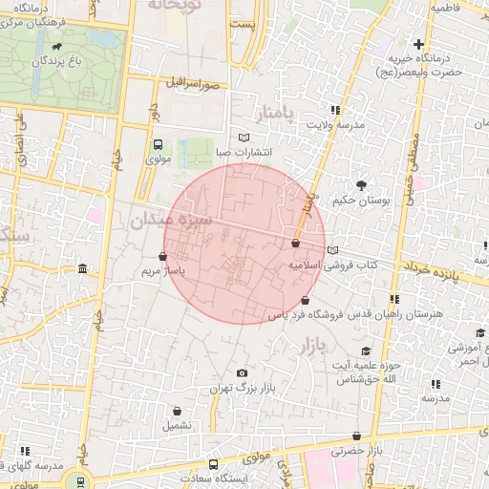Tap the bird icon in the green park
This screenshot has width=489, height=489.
tap(60, 46)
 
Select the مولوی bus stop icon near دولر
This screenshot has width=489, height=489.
tap(158, 144)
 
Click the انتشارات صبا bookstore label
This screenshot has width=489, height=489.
tap(241, 152)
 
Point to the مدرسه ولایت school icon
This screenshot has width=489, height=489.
tap(334, 111)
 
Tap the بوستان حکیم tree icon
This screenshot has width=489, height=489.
tap(361, 185)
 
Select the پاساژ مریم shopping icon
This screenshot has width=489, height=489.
tap(162, 256)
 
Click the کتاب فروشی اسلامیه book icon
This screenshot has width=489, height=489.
tap(332, 250)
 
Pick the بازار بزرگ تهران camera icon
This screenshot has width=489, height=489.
tap(241, 372)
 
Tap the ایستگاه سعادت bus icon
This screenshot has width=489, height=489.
tap(212, 464)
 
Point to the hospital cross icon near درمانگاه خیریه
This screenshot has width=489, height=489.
tap(418, 44)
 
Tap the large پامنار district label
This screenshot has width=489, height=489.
tap(278, 114)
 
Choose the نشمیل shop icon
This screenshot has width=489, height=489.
tap(176, 423)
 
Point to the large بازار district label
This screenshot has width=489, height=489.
tap(314, 342)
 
